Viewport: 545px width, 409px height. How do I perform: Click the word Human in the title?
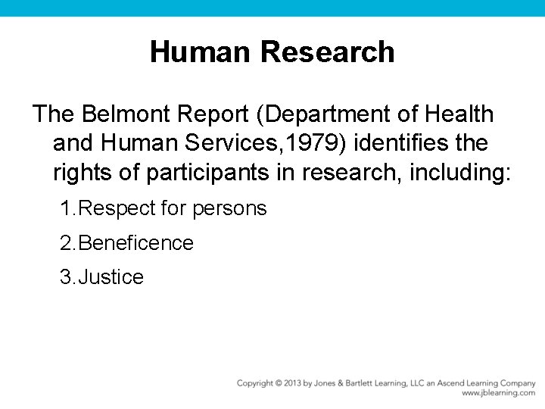pyautogui.click(x=201, y=52)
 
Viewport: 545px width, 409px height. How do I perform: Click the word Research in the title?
pyautogui.click(x=327, y=52)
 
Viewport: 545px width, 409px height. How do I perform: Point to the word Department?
pyautogui.click(x=323, y=114)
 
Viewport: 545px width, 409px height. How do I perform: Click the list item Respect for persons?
pyautogui.click(x=173, y=208)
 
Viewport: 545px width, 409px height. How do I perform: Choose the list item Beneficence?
pyautogui.click(x=135, y=243)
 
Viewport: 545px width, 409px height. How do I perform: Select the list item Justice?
pyautogui.click(x=111, y=277)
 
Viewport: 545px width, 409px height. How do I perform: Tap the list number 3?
pyautogui.click(x=66, y=277)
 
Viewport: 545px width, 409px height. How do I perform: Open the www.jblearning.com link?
pyautogui.click(x=498, y=394)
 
